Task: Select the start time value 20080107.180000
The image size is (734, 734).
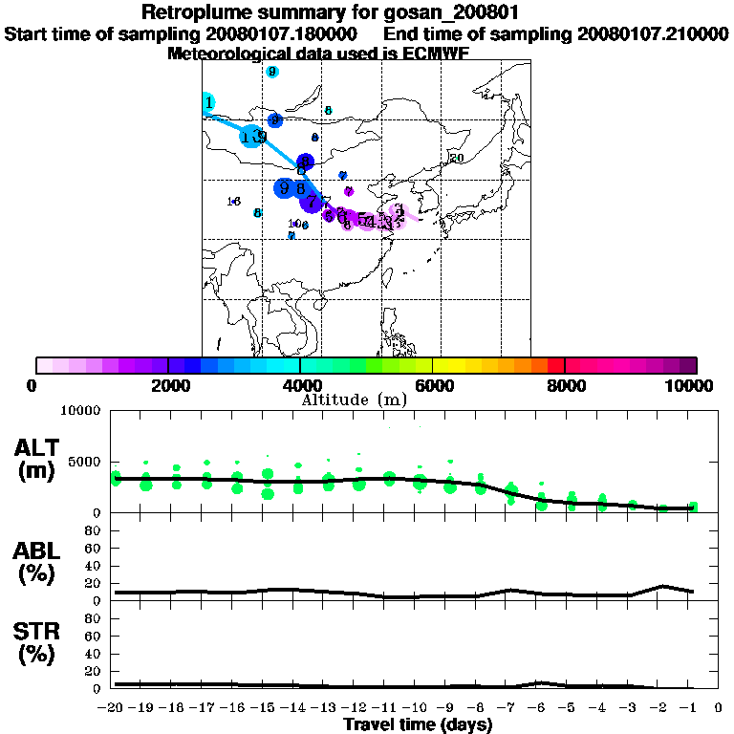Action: coord(282,33)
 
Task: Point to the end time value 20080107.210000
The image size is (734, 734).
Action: coord(654,33)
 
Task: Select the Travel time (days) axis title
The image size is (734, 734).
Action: coord(418,725)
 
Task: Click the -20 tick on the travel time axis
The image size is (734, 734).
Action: coord(115,708)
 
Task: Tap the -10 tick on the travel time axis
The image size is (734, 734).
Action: coord(415,708)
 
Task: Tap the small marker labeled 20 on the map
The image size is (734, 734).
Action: coord(457,158)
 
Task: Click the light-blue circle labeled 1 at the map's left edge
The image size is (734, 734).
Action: coord(208,102)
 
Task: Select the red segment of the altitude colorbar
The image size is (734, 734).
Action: coord(555,365)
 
